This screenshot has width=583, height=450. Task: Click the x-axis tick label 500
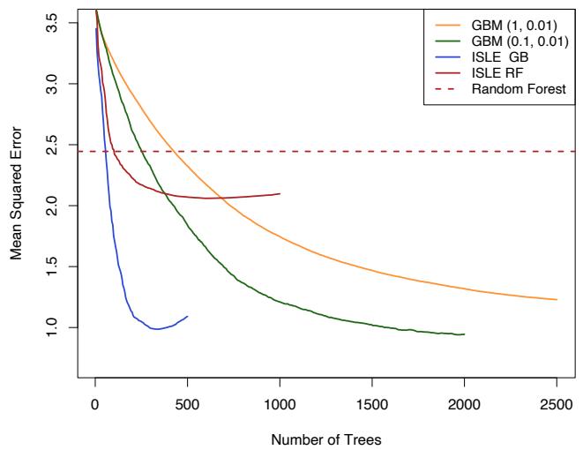(x=188, y=404)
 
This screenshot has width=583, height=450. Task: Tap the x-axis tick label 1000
(x=280, y=404)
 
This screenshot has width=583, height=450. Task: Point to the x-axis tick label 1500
(x=372, y=404)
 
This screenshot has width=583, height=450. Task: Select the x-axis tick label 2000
(x=464, y=404)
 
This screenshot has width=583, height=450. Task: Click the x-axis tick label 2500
(x=557, y=404)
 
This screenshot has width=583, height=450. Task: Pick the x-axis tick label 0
(x=95, y=404)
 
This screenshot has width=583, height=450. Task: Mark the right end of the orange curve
(x=557, y=300)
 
